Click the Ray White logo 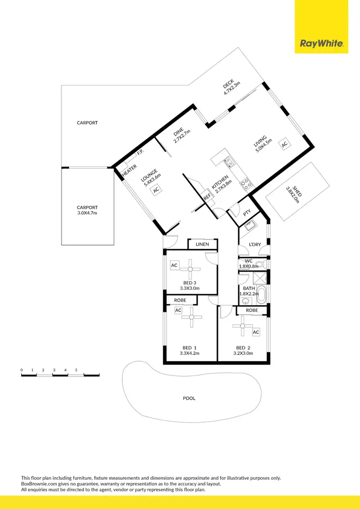point(321,44)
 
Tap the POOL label point(189,398)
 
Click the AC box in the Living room point(284,144)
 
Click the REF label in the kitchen point(207,197)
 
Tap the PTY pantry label point(247,212)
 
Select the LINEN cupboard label point(202,245)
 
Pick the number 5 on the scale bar point(76,370)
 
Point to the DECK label point(227,86)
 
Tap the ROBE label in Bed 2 point(252,310)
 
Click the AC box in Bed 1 point(178,310)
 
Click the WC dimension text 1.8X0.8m point(249,266)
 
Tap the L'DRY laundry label point(254,245)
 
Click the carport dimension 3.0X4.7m point(87,213)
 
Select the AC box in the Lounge point(156,190)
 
